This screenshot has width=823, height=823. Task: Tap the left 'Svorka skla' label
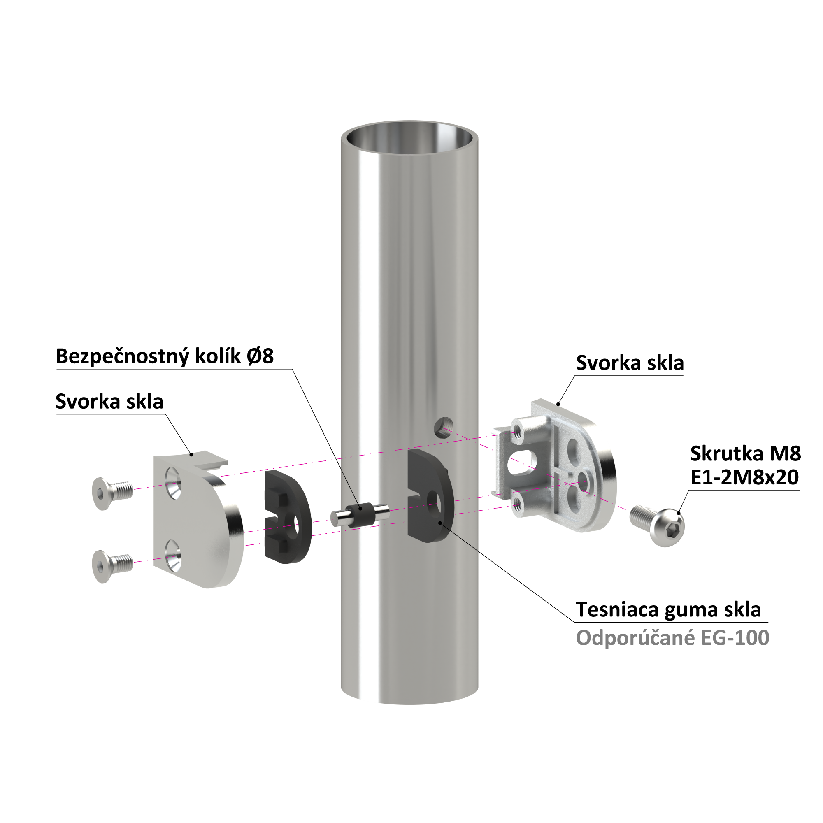point(109,402)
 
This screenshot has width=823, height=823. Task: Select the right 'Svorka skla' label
point(630,363)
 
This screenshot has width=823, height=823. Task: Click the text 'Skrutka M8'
point(746,453)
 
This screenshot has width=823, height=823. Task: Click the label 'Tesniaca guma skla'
point(668,609)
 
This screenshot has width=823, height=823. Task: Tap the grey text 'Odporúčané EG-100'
point(673,638)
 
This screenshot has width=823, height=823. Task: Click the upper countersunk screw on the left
point(112,493)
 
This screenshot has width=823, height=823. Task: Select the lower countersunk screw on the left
point(112,566)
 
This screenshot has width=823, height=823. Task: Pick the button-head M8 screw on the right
point(657,524)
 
